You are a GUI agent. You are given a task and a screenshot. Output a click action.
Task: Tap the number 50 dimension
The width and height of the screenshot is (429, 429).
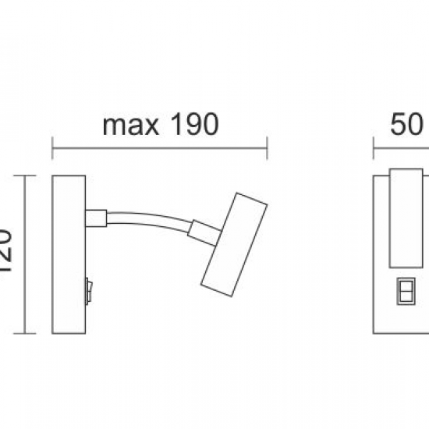(406, 125)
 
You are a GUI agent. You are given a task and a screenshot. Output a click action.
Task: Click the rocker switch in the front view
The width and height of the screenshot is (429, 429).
(406, 289)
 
